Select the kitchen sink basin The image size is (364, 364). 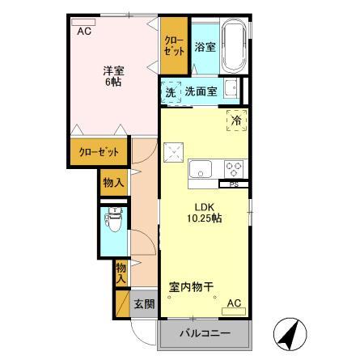coord(200,169)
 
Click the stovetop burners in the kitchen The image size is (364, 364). coord(235,169)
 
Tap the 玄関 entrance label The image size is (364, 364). coord(144,304)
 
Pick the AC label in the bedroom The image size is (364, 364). coord(83,32)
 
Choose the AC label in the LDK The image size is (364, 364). coord(234,303)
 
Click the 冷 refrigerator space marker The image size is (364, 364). coord(237,121)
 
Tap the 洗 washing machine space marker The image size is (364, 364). coord(171,92)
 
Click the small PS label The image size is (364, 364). coord(235,184)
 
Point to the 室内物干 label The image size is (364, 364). coord(191,286)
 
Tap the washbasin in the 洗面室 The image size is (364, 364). coord(231,89)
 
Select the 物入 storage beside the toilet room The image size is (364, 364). coord(113,184)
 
